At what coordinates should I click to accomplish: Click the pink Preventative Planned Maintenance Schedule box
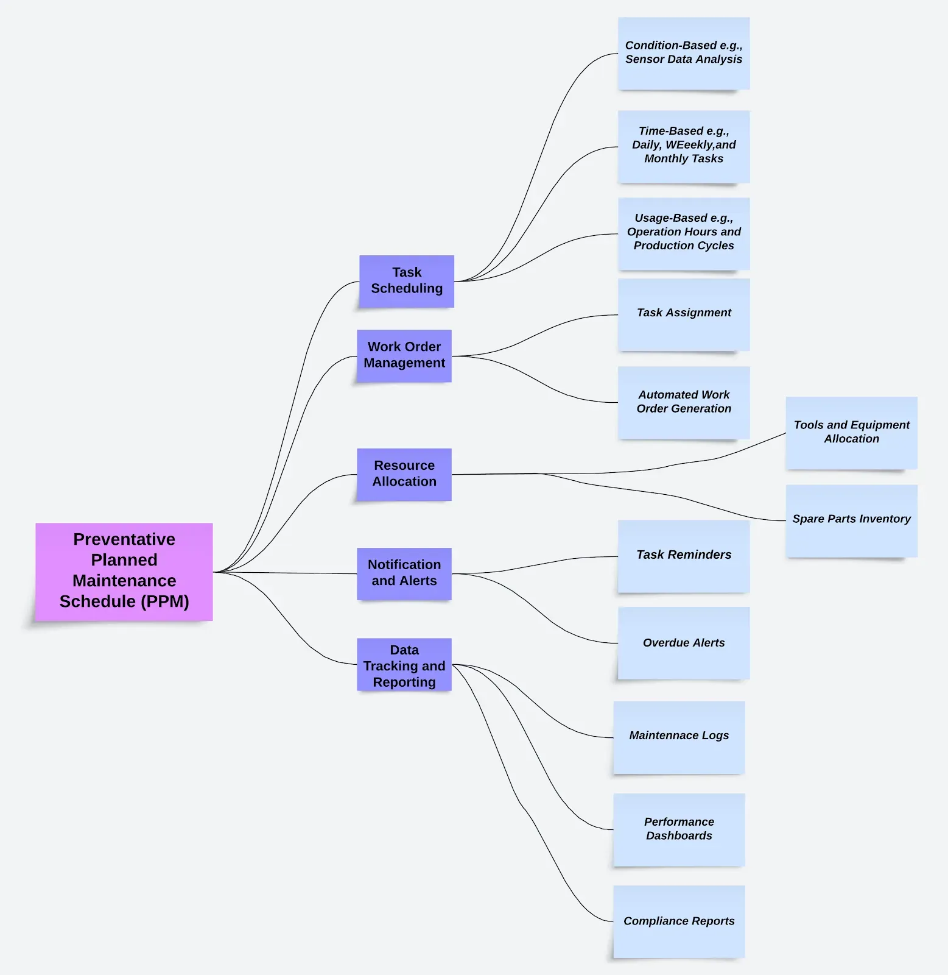124,571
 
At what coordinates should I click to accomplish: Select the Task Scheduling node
407,281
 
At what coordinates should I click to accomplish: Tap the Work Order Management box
404,355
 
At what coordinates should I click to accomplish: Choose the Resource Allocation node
404,474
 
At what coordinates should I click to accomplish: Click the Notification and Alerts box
404,573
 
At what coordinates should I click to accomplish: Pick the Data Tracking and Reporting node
404,665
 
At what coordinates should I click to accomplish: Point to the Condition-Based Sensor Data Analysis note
684,53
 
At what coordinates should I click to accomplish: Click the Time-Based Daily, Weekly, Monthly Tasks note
684,146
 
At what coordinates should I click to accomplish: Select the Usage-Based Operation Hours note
684,233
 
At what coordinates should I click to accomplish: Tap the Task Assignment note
684,314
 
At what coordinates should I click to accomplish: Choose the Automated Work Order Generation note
684,402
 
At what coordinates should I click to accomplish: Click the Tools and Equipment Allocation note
851,433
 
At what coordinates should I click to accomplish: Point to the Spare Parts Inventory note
851,520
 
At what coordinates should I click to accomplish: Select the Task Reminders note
684,556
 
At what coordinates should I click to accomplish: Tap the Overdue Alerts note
684,643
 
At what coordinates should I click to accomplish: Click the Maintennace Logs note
679,737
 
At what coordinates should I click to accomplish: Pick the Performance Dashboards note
679,829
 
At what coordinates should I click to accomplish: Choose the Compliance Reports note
679,921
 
